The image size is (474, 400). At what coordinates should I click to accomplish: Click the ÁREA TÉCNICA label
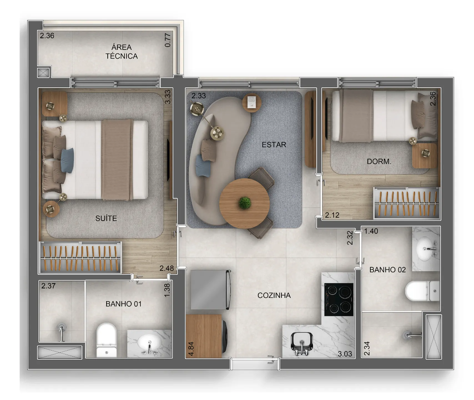pos(122,52)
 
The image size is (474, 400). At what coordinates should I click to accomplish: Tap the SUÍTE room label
pos(106,218)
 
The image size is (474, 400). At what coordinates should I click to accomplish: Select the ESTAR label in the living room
pos(274,145)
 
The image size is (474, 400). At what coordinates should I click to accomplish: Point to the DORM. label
pos(379,161)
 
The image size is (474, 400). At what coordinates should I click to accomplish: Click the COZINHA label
pos(274,295)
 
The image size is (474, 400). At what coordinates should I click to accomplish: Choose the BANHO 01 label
pos(123,304)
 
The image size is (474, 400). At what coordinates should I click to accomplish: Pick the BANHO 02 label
pos(387,270)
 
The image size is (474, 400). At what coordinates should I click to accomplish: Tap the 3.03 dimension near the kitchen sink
pos(345,354)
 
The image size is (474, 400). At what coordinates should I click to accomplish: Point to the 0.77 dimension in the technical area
pos(168,40)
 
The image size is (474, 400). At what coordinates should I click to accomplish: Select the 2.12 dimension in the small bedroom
pos(332,215)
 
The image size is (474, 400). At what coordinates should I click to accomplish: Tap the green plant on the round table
pos(244,203)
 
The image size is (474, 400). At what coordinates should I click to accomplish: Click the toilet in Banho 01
pos(106,339)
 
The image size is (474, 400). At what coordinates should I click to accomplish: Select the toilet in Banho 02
pos(422,291)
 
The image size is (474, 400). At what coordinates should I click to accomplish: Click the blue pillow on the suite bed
pos(67,160)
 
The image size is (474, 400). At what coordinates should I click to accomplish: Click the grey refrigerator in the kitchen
pos(210,289)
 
